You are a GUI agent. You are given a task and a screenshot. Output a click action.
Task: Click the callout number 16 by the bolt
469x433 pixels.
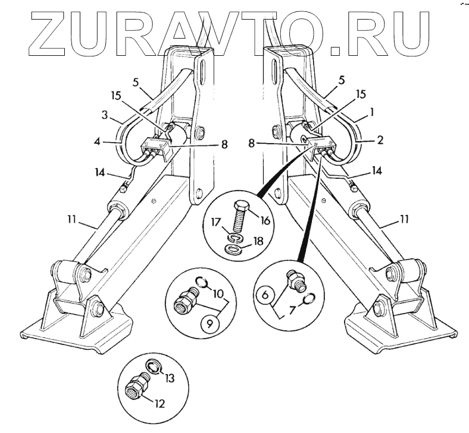[265, 220]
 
